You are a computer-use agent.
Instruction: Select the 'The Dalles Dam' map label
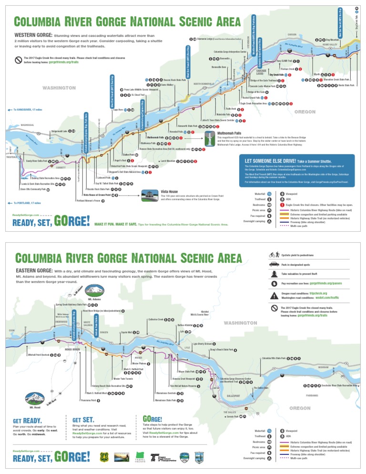pyautogui.click(x=261, y=388)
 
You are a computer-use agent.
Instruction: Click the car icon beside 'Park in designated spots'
pyautogui.click(x=274, y=264)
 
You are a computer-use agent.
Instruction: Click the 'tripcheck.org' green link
pyautogui.click(x=318, y=293)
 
